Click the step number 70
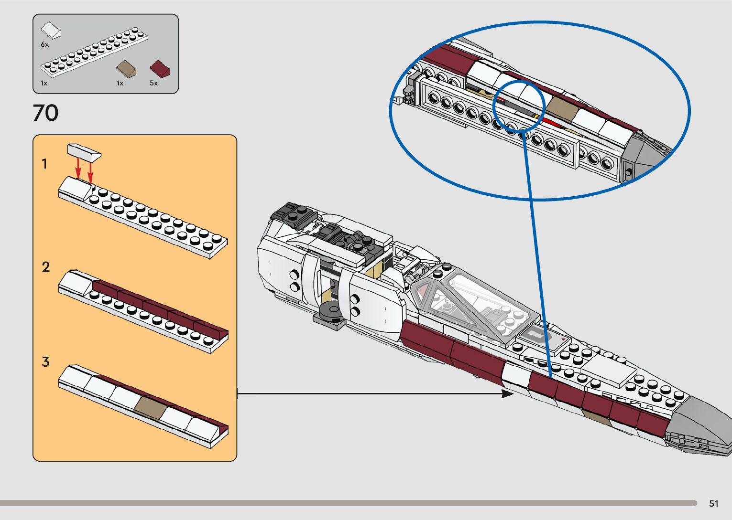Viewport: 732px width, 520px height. coord(46,113)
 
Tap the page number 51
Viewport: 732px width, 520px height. coord(714,503)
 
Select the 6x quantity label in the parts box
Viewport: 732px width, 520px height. coord(44,44)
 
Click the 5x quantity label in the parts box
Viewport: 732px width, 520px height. coord(153,83)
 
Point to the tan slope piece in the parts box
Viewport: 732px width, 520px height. coord(127,68)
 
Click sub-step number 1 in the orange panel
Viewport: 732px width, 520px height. coord(44,164)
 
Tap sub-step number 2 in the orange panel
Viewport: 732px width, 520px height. coord(45,267)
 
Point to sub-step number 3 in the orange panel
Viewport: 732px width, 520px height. coord(45,362)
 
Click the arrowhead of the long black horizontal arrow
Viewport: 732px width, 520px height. coord(508,394)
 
